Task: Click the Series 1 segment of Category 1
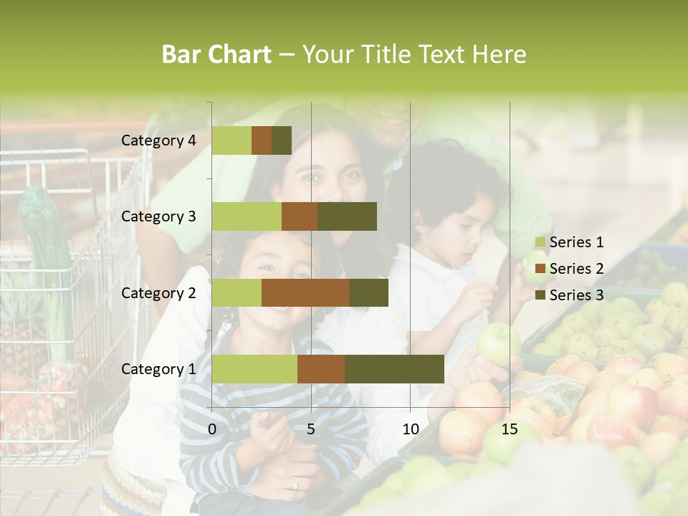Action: (254, 369)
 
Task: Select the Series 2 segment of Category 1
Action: (321, 369)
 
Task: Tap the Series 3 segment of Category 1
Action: (394, 369)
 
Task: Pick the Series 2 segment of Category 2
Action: (305, 292)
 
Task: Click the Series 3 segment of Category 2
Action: (368, 292)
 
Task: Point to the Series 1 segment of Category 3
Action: (247, 216)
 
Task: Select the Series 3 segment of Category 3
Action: (347, 216)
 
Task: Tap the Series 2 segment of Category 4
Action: (262, 140)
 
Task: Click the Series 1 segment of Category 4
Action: (231, 140)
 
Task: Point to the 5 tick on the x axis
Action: (311, 429)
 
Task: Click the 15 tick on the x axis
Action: (509, 429)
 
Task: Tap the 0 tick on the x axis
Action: (212, 429)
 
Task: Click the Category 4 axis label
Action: (158, 140)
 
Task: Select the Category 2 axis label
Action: (158, 292)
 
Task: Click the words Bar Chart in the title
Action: (216, 54)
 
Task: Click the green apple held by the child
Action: (498, 342)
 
